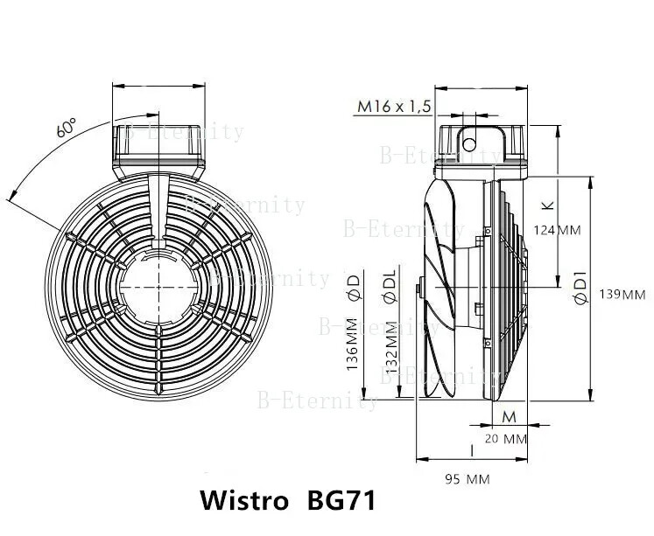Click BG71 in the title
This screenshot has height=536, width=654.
coord(342,502)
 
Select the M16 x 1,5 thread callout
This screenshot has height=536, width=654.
coord(394,107)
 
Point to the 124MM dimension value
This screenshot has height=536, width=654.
coord(558,230)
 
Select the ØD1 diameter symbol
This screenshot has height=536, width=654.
coord(579,288)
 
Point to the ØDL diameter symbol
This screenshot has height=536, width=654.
coord(390,285)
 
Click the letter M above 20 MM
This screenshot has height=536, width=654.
coord(508,416)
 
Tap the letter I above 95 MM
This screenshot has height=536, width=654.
coord(472,450)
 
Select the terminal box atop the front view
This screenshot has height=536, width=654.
coord(158,148)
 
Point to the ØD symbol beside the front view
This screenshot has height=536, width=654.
coord(353,288)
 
